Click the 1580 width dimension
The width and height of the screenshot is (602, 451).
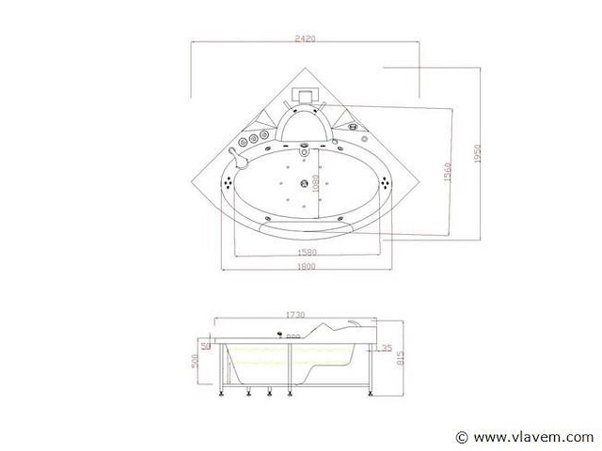click(306, 252)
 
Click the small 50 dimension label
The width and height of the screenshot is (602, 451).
click(205, 346)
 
